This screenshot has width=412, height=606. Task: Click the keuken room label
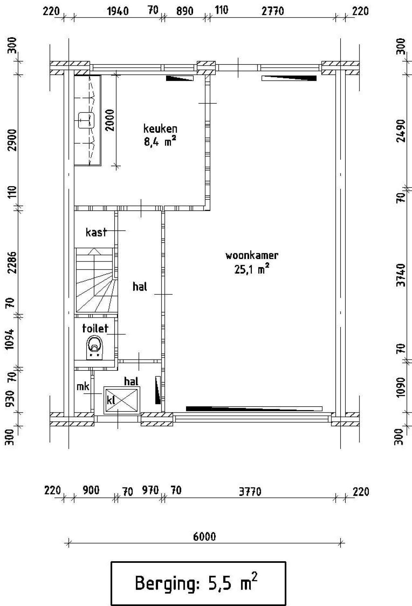(160, 129)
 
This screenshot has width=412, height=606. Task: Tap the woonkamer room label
(252, 255)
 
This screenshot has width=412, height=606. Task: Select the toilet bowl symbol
(94, 348)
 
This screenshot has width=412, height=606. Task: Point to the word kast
(96, 232)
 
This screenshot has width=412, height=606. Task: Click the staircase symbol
(96, 280)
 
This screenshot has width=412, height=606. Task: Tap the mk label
(83, 386)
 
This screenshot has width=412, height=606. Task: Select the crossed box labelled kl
(122, 400)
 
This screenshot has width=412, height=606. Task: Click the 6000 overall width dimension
(204, 536)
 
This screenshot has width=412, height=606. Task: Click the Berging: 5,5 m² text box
(198, 583)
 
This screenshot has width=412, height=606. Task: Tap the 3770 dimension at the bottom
(250, 492)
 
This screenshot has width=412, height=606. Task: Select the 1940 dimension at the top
(117, 12)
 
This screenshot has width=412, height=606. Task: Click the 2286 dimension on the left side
(12, 262)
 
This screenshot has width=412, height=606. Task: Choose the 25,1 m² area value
(252, 269)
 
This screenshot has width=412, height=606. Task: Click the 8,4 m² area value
(160, 142)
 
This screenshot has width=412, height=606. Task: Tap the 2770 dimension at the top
(273, 12)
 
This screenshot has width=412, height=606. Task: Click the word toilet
(95, 329)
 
